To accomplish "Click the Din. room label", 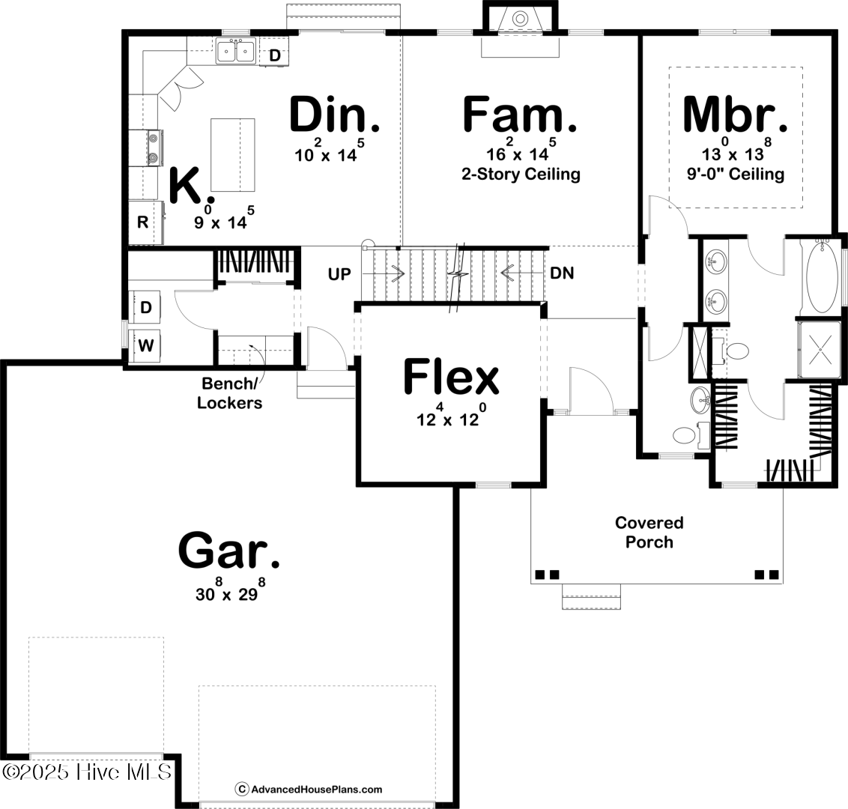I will click(x=334, y=115).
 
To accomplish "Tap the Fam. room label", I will click(x=520, y=115).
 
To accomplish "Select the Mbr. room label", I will click(x=736, y=115).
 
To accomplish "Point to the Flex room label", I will click(x=451, y=377).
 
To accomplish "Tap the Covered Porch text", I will click(x=649, y=532).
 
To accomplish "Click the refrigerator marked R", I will click(x=142, y=222).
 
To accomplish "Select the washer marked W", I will click(x=147, y=345).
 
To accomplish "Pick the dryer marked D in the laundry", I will click(x=146, y=307).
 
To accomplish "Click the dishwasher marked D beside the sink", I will click(x=275, y=55).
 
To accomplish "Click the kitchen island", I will click(x=232, y=155).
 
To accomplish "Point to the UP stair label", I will click(x=339, y=274).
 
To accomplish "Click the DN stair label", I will click(x=562, y=273).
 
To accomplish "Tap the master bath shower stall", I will click(x=820, y=349).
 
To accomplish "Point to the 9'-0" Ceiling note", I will click(x=735, y=175).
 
